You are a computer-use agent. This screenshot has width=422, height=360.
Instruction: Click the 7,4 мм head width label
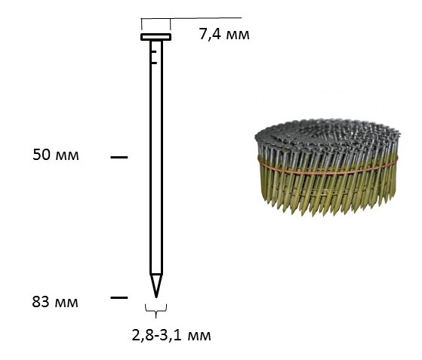(x=224, y=35)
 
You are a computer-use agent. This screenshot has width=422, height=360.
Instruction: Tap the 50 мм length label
(x=56, y=155)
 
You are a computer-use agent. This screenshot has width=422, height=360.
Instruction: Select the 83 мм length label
(x=55, y=302)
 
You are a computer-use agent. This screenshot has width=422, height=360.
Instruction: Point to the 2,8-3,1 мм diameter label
(x=171, y=336)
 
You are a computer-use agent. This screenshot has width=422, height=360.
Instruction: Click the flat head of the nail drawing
(x=156, y=37)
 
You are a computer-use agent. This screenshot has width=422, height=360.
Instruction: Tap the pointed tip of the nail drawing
(x=156, y=297)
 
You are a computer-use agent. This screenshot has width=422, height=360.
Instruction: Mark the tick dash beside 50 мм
(x=119, y=157)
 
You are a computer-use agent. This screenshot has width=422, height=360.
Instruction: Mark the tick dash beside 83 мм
(x=119, y=297)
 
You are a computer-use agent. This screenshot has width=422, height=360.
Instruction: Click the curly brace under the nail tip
(x=156, y=310)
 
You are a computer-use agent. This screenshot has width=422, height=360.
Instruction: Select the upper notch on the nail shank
(x=154, y=51)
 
